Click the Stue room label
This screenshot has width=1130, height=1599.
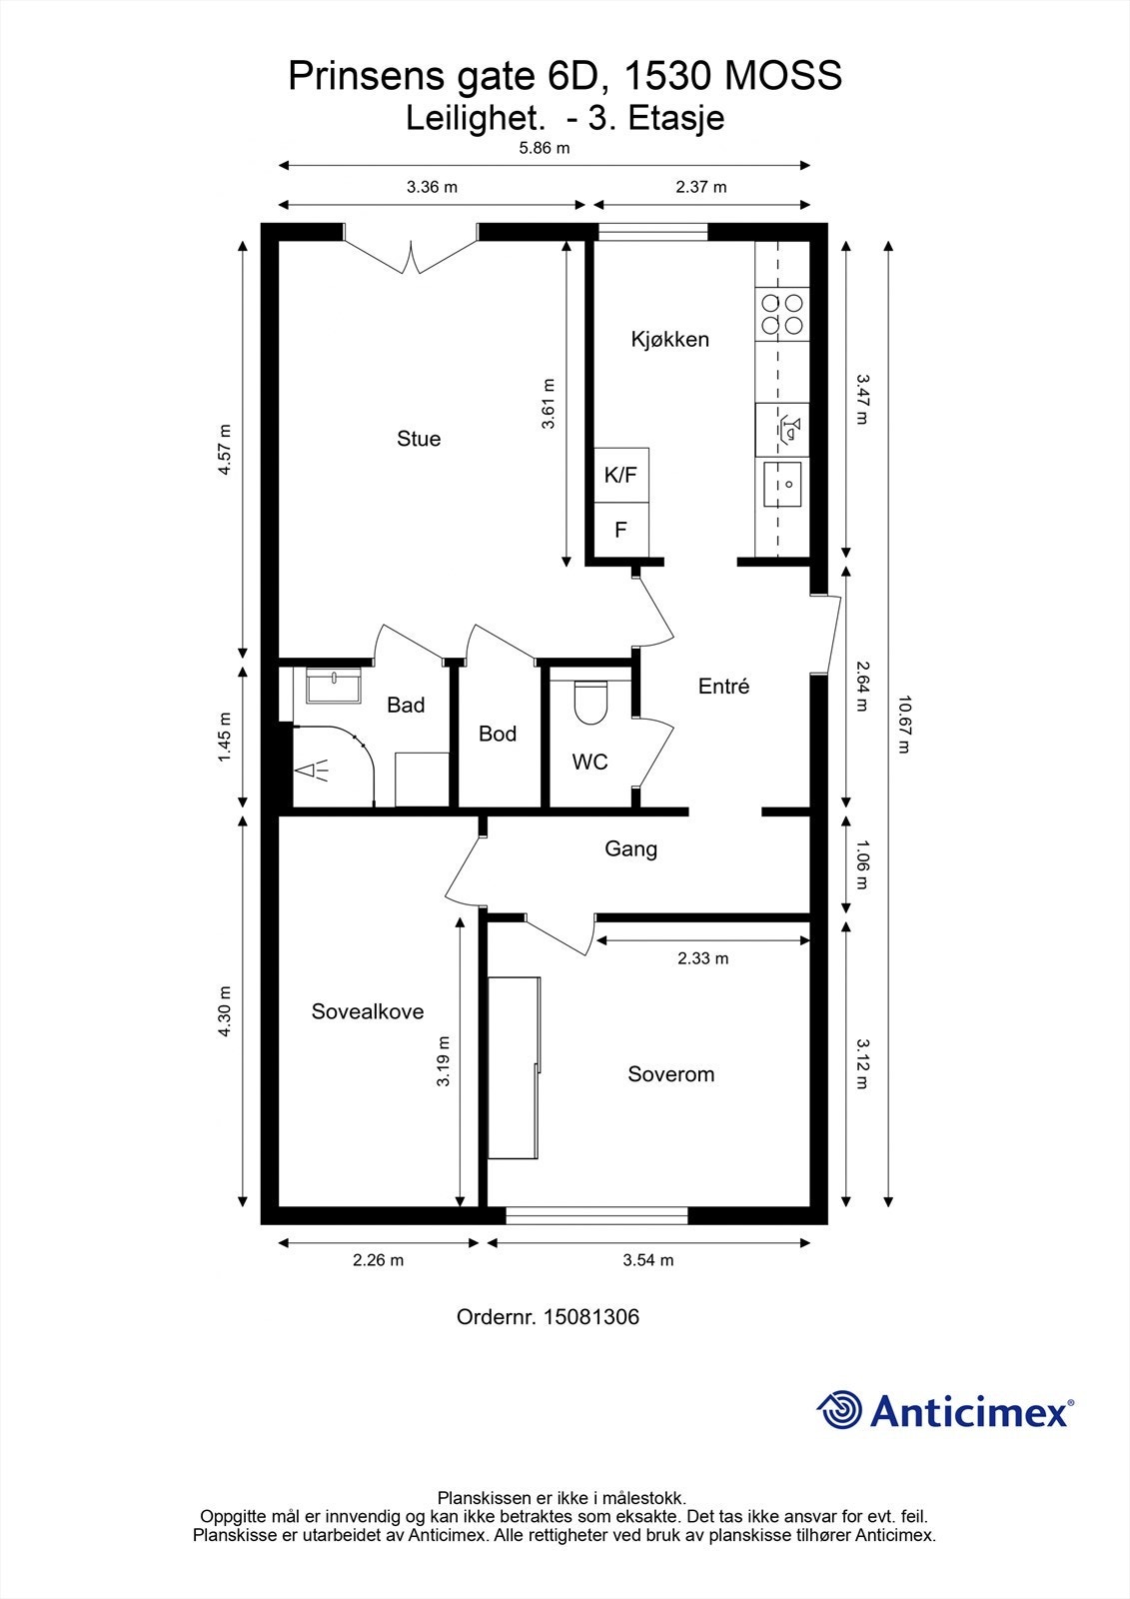click(419, 439)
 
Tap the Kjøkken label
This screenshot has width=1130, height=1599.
click(669, 339)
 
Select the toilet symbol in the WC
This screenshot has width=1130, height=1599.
click(590, 701)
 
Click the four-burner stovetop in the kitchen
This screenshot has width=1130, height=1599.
click(782, 314)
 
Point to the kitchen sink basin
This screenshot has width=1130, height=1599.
click(782, 484)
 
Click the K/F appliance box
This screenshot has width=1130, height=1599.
click(621, 475)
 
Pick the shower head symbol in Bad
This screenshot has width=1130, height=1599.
click(312, 771)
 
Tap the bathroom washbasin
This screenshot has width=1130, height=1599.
click(334, 686)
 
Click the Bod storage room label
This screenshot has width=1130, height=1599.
click(498, 734)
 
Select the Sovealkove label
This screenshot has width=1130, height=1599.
click(368, 1011)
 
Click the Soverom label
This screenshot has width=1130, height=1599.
click(671, 1074)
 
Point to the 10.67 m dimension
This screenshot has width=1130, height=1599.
click(904, 725)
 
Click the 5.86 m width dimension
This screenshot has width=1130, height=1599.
click(545, 149)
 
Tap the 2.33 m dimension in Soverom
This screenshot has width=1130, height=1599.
click(703, 958)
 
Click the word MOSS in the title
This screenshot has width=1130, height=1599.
click(783, 76)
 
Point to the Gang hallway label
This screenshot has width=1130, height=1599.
click(631, 849)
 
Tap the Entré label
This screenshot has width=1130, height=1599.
click(723, 686)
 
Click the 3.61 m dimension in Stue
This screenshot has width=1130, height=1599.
click(549, 404)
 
